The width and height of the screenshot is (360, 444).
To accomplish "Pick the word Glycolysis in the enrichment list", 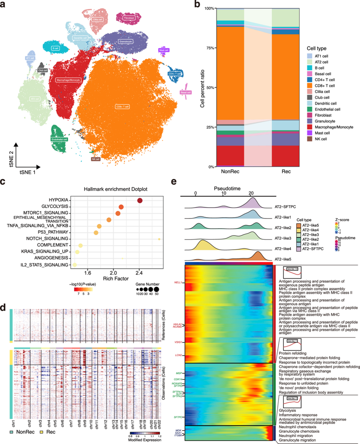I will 288,410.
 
